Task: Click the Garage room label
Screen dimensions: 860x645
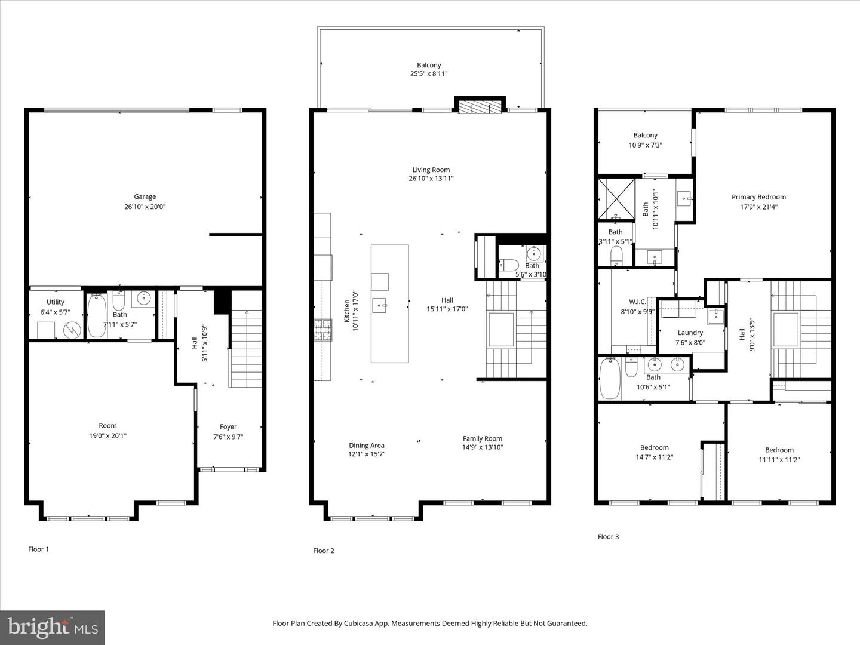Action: [145, 196]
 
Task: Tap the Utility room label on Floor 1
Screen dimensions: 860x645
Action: [56, 302]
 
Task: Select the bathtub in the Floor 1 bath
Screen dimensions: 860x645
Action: [96, 316]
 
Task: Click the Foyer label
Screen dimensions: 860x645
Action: [228, 426]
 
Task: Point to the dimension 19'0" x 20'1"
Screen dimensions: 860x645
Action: [107, 435]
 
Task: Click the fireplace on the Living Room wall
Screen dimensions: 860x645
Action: [480, 107]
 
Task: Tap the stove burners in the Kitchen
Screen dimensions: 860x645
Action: [323, 330]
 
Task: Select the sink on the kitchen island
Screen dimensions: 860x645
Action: [380, 305]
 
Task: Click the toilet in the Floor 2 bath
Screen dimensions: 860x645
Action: [509, 265]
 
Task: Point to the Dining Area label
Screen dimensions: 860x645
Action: [367, 446]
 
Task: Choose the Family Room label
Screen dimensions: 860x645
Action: [483, 438]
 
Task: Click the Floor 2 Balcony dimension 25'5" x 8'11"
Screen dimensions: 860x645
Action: [429, 73]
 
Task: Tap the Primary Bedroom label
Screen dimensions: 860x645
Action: [758, 197]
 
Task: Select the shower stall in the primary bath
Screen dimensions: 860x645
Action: [617, 199]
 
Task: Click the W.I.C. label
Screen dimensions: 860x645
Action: [637, 302]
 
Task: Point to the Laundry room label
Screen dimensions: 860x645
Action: [690, 333]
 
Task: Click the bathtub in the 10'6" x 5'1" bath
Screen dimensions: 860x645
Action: [610, 377]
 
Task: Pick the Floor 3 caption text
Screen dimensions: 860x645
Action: [608, 536]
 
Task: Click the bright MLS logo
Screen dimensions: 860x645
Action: [53, 627]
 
